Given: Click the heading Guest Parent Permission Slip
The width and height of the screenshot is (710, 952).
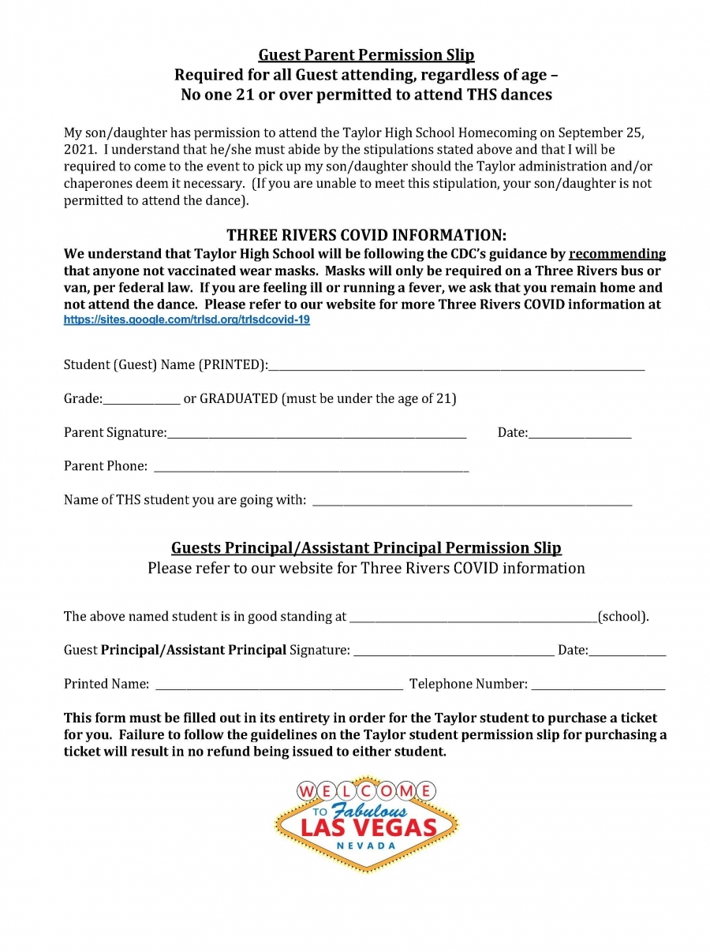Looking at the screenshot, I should click(x=366, y=55).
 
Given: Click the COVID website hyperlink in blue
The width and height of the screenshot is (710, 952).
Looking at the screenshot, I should click(x=186, y=321).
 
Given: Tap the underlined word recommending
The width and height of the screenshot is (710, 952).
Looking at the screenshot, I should click(x=617, y=254).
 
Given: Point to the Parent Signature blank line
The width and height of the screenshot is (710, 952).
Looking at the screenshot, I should click(x=316, y=435).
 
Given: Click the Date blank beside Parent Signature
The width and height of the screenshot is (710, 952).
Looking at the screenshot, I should click(x=580, y=435).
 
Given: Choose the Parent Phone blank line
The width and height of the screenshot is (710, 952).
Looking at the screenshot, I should click(x=311, y=469).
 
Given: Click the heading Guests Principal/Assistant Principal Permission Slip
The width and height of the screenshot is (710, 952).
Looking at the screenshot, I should click(x=366, y=548).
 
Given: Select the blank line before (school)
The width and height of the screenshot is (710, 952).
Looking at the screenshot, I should click(x=473, y=619).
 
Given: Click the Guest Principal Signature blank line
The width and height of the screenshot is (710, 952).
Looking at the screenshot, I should click(x=454, y=653).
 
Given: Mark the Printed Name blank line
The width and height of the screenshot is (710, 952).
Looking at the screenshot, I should click(x=279, y=687).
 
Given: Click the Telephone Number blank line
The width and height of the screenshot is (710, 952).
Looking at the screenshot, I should click(x=598, y=687).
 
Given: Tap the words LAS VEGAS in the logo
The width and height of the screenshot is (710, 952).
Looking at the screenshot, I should click(x=368, y=827).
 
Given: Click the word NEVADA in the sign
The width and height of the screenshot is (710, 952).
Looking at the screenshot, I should click(x=366, y=846).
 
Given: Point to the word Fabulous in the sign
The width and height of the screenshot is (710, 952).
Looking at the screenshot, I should click(x=370, y=810).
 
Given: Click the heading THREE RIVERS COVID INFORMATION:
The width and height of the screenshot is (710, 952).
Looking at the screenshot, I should click(x=366, y=236).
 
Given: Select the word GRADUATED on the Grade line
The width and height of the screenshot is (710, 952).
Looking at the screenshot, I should click(x=238, y=399).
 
